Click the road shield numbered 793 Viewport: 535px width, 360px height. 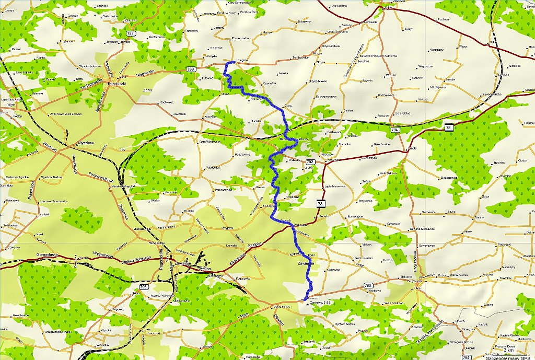click(x=131, y=33)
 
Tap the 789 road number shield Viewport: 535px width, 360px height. click(x=192, y=69)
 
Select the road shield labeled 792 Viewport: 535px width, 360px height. click(x=310, y=161)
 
